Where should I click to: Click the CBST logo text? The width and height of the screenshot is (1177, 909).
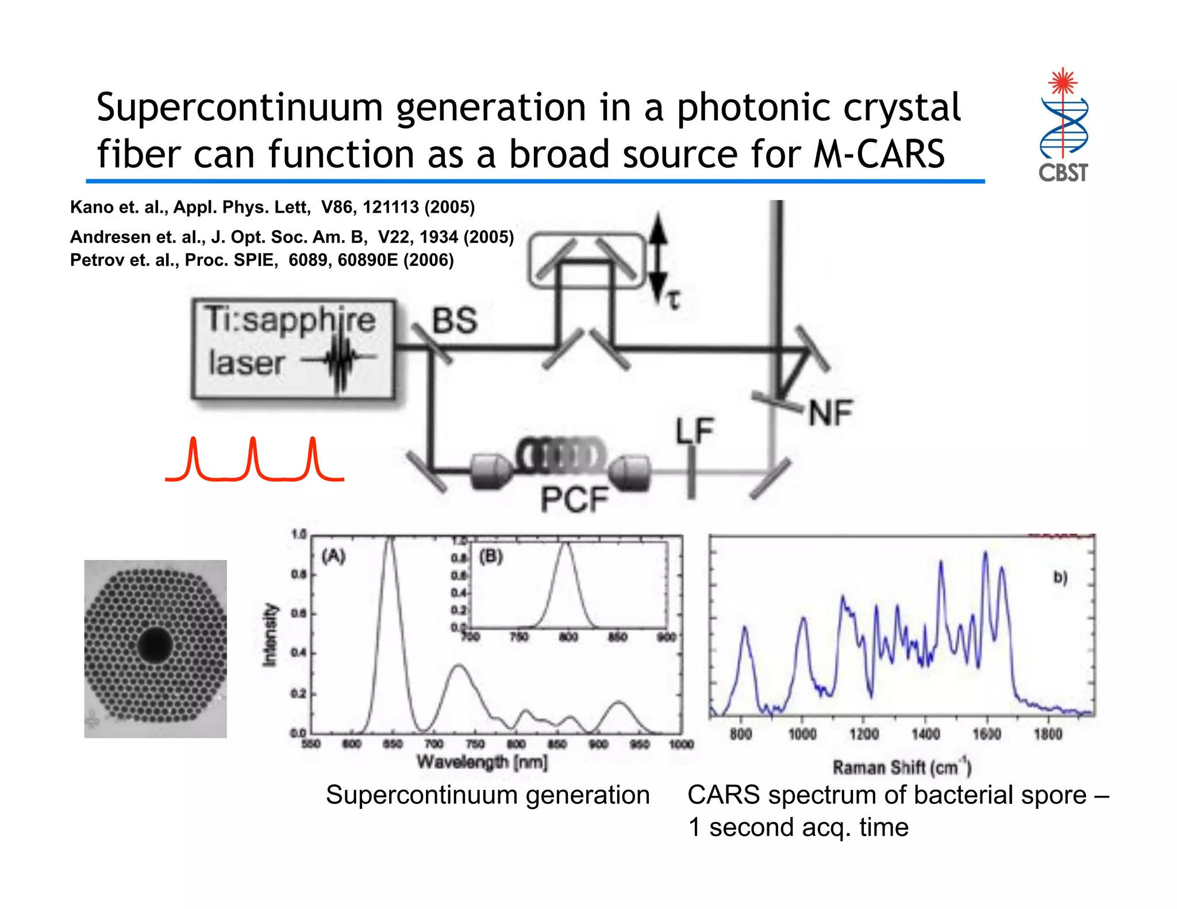coord(1063,172)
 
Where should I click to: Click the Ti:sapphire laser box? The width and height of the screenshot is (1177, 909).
coord(293,349)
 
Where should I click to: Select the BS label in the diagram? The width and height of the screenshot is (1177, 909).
coord(455,320)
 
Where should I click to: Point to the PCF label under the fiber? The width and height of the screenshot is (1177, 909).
coord(574,499)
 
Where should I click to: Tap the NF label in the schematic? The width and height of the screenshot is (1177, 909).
coord(831,413)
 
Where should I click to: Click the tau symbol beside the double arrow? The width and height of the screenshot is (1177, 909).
coord(673,299)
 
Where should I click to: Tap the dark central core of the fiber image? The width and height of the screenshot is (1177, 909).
coord(155,645)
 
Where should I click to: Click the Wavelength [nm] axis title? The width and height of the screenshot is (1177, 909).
coord(482,762)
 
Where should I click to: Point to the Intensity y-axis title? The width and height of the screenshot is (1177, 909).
coord(270,635)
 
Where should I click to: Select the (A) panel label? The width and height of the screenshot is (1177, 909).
coord(333,556)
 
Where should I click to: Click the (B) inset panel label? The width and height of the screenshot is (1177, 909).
coord(491,556)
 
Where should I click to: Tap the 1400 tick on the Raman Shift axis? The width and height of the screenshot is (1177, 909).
coord(925,734)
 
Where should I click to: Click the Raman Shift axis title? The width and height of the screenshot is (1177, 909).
coord(902,767)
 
